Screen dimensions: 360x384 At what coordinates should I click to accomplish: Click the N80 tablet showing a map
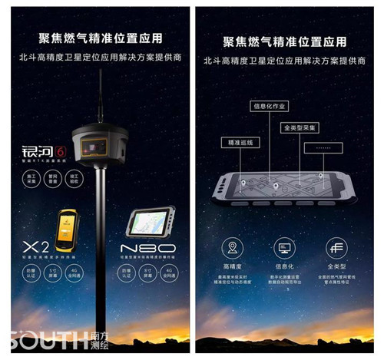point(149,222)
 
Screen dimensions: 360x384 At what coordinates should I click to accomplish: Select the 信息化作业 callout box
point(270,106)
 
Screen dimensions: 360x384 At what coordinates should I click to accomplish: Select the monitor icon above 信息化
point(284,248)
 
